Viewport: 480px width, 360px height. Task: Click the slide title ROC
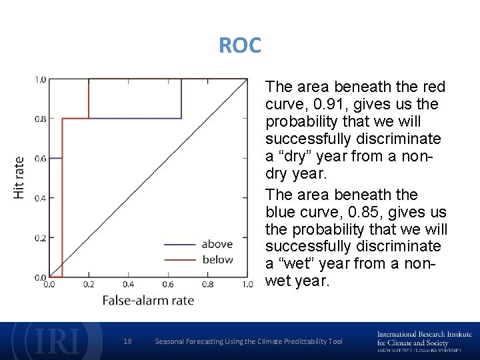[x=240, y=46]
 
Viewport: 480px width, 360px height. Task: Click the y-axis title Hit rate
[x=19, y=177]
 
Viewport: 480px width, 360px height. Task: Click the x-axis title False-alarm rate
[x=148, y=301]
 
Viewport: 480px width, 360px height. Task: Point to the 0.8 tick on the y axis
[x=39, y=119]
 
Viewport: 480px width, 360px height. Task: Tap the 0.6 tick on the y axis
[x=39, y=159]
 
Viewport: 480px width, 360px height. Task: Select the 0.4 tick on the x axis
[x=128, y=285]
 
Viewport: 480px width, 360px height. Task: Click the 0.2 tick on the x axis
[x=89, y=285]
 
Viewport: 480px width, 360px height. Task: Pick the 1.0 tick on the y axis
[x=39, y=80]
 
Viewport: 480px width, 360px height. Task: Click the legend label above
[x=217, y=244]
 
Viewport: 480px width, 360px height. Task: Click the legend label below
[x=217, y=259]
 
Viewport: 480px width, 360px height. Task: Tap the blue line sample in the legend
[x=179, y=244]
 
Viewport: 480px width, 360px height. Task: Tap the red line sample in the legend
[x=179, y=259]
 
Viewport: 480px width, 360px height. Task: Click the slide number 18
[x=128, y=341]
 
